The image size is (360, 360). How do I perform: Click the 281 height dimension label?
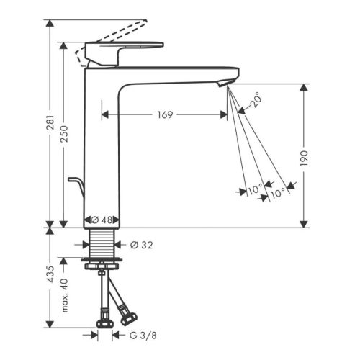50,122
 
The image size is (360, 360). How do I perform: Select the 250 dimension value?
64,133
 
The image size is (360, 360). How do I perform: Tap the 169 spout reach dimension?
165,114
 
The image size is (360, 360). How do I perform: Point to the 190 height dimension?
304,158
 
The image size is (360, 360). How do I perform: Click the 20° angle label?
255,99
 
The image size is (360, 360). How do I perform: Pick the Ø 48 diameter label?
102,220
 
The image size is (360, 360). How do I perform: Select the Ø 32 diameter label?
141,245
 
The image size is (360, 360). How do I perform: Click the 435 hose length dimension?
50,274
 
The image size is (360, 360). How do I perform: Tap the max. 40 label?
64,295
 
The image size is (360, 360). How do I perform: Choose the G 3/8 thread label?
143,336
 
